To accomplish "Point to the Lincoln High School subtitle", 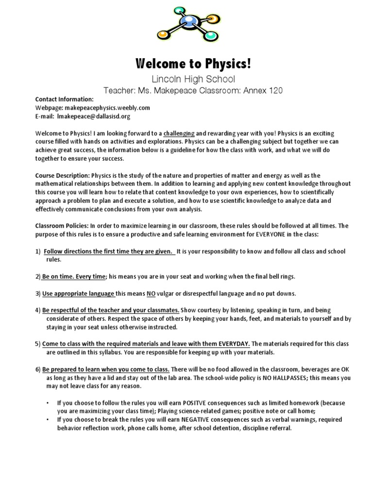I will (186, 79).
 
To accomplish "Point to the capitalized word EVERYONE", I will (256, 234).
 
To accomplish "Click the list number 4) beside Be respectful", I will (37, 310).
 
